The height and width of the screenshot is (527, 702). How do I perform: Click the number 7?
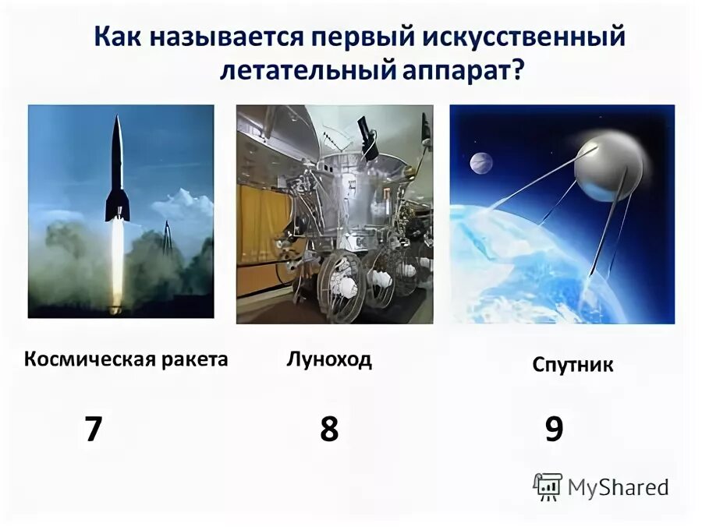click(94, 429)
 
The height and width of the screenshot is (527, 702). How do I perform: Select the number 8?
click(329, 429)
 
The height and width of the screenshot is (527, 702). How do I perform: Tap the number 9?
click(554, 429)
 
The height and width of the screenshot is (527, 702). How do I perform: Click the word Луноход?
click(329, 359)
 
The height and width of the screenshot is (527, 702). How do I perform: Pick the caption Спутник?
click(573, 365)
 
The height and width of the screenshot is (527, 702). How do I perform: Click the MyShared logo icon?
click(548, 486)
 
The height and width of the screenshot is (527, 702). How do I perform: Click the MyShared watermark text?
click(618, 488)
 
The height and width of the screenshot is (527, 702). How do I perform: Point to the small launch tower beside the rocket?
click(166, 238)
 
